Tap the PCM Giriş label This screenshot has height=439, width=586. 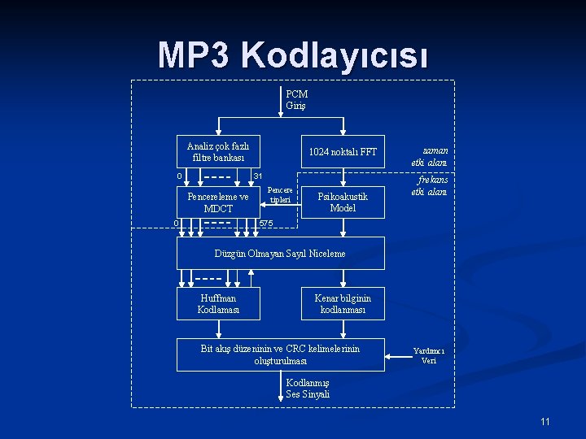[x=296, y=100]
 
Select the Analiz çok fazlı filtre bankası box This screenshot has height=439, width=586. [x=218, y=151]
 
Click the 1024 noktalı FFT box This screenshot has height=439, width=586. [x=343, y=152]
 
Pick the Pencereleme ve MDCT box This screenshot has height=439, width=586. [x=218, y=202]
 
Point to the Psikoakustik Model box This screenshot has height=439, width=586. [x=343, y=202]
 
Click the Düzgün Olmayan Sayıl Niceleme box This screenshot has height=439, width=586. [x=280, y=253]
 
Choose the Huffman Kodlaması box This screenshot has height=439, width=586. [x=218, y=303]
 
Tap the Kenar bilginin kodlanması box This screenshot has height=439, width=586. [x=343, y=303]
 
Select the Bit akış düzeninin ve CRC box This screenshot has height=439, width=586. [x=280, y=354]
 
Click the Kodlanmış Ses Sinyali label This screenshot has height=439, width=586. [x=308, y=389]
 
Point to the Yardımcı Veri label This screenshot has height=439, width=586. [x=429, y=355]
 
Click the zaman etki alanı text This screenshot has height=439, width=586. [x=429, y=156]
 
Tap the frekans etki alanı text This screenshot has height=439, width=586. [x=429, y=185]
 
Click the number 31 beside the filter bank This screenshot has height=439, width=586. [x=258, y=176]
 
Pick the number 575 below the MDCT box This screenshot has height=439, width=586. [x=265, y=223]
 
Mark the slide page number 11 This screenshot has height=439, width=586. [x=545, y=421]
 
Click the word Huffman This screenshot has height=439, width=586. [x=218, y=298]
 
